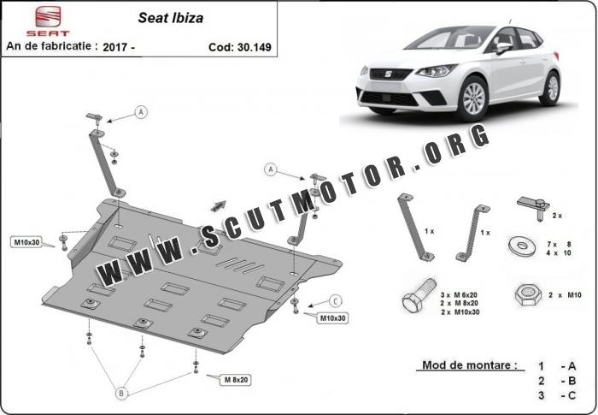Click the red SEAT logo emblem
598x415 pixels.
point(48,17)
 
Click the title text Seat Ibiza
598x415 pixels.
point(171,18)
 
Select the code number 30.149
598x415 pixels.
point(254,47)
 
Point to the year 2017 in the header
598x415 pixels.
point(114,47)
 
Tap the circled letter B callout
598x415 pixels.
point(121,393)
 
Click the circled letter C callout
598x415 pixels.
point(335,301)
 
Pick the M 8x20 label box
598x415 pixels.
point(236,379)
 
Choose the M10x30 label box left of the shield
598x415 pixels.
point(26,242)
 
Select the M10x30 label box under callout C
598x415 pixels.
point(332,318)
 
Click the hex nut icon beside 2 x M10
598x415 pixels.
point(528,294)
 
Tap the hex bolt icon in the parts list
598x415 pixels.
point(419,296)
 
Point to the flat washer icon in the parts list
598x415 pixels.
point(522,246)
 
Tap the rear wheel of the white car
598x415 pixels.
point(551,89)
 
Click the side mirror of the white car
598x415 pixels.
point(503,48)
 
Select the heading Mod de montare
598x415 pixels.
point(470,365)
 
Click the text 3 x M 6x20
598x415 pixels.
point(459,295)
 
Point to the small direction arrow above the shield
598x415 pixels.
point(218,206)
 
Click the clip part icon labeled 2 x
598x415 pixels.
point(533,207)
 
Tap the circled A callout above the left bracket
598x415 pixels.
point(141,112)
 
